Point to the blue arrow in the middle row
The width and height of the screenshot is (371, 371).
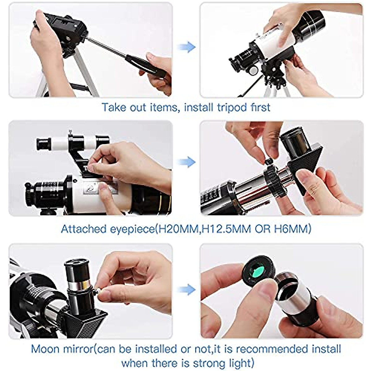187,161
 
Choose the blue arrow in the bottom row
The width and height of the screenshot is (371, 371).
187,290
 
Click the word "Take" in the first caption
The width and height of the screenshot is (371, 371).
113,108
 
